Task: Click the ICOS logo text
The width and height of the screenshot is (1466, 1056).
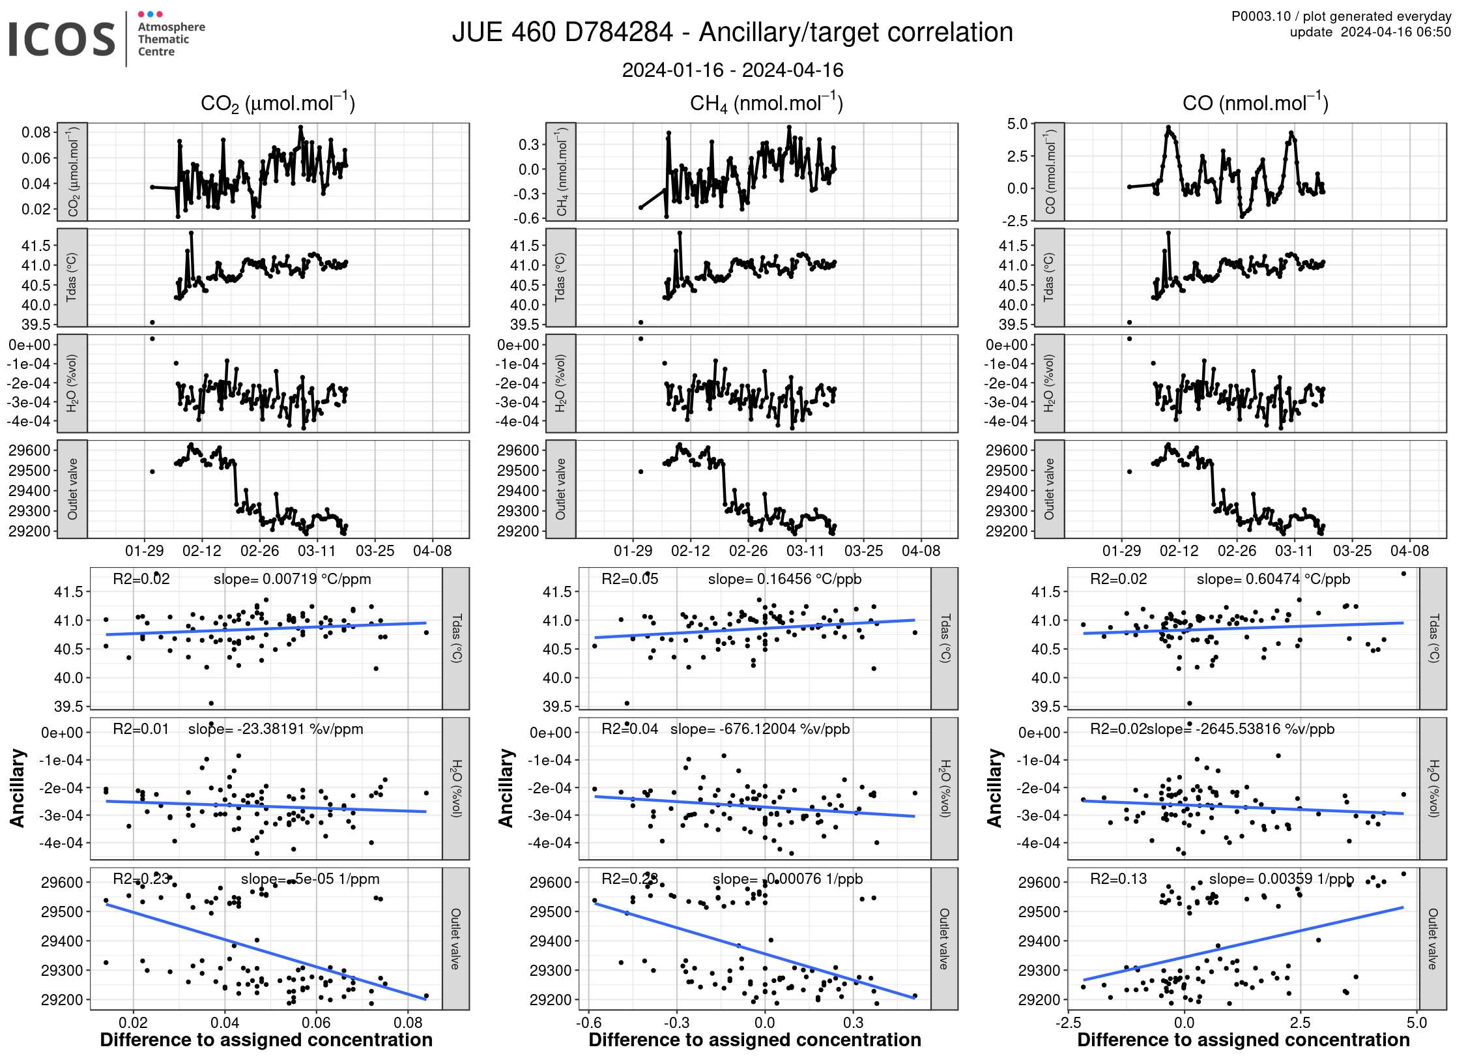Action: point(62,39)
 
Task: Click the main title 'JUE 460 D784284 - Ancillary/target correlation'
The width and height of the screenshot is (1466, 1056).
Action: point(732,33)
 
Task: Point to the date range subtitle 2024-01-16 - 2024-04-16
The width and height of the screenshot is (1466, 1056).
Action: point(732,70)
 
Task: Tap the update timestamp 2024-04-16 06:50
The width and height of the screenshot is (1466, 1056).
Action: point(1395,32)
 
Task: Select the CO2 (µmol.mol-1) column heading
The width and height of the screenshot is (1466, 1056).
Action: point(278,103)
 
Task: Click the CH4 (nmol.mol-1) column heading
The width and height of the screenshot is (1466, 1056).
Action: point(766,103)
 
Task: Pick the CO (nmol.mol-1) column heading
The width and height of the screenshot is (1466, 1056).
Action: point(1255,103)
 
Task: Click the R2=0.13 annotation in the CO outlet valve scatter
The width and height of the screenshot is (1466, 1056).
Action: point(1118,879)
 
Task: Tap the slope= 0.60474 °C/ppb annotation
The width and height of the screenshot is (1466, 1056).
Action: point(1273,579)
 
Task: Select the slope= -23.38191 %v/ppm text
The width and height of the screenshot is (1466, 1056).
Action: point(276,729)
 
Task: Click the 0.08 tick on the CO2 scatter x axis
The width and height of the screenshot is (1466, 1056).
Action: point(409,1022)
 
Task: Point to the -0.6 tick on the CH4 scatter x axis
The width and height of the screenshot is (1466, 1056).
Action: point(588,1022)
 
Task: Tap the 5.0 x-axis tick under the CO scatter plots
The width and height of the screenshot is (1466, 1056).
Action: point(1416,1022)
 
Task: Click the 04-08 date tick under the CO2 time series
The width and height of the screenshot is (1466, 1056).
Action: point(432,551)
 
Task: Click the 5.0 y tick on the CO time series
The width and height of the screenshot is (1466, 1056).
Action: point(1017,124)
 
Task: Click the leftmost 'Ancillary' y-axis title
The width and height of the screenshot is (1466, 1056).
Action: point(17,788)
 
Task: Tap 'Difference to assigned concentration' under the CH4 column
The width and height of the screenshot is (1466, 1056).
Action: point(755,1040)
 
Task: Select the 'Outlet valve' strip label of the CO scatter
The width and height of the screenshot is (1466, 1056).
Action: point(1433,939)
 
